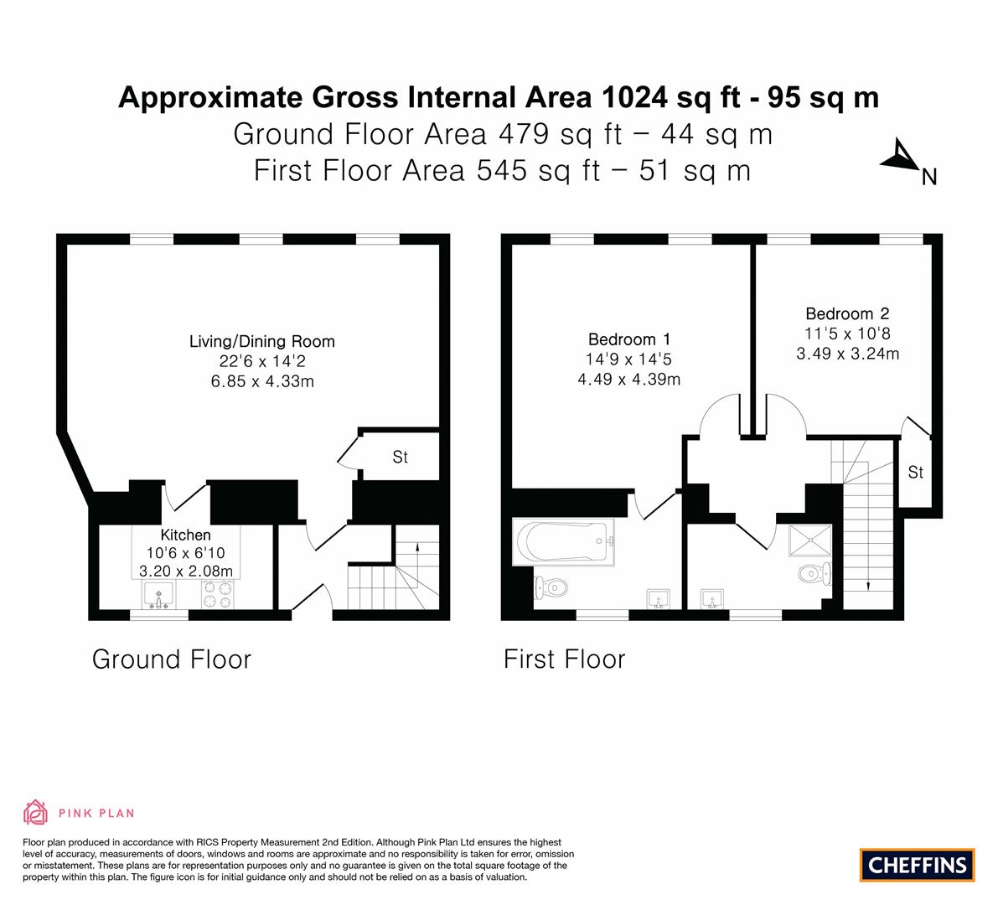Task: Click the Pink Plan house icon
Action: [36, 812]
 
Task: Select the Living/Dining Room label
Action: [261, 342]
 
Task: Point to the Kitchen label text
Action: [186, 535]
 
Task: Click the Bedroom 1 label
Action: [628, 339]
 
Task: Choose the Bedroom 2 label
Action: [847, 314]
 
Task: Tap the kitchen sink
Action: [158, 595]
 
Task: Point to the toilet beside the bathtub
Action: [551, 587]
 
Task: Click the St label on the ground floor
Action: [401, 458]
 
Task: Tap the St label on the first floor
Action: [915, 473]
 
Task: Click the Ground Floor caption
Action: [171, 659]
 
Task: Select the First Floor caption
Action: [564, 659]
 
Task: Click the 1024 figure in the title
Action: [634, 97]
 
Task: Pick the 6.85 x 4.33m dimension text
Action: [261, 382]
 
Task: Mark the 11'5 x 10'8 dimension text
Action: [847, 334]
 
